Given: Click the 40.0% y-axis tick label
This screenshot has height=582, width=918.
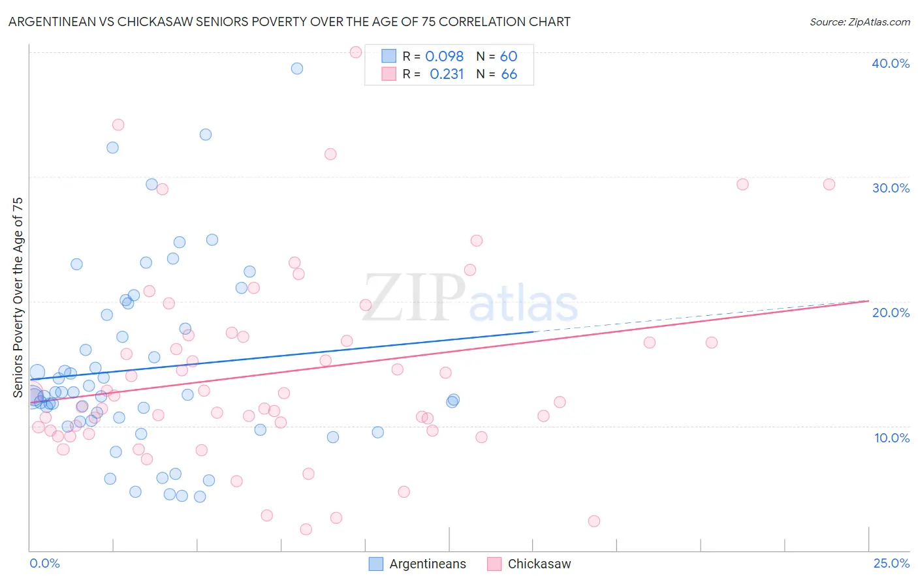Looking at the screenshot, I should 891,63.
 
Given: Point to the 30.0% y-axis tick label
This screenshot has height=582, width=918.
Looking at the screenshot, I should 891,188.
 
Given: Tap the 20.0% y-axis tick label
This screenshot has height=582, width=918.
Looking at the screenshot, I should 891,313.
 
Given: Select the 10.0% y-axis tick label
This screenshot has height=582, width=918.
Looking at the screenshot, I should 891,438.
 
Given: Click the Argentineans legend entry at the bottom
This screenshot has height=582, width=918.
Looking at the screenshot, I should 428,564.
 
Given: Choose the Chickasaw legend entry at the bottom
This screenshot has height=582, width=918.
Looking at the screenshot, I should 539,564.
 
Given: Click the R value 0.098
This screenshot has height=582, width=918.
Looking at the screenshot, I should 444,57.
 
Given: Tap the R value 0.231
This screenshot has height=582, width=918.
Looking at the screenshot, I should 447,74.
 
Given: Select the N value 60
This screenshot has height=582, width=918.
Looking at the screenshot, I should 509,57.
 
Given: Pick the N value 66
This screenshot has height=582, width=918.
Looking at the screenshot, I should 509,74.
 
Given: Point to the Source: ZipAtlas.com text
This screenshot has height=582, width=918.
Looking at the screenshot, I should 859,22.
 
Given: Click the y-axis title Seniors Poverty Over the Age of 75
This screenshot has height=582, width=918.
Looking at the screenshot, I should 18,298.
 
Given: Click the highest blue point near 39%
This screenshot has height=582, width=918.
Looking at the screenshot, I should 297,69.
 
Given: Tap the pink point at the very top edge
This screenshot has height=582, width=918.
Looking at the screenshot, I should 356,52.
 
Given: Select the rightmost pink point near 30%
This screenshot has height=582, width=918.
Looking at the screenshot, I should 829,184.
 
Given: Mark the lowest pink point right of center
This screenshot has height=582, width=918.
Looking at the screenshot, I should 594,521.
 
